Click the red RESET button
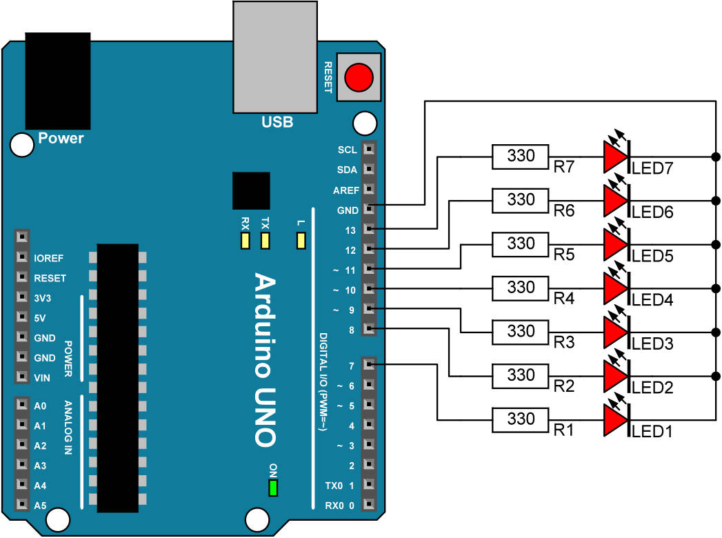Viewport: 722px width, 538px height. (359, 76)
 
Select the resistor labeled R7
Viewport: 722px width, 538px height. (521, 157)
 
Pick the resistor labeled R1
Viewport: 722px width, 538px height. (521, 419)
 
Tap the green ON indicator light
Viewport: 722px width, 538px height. (273, 488)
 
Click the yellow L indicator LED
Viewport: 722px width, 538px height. (300, 241)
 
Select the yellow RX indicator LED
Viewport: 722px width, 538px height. (244, 241)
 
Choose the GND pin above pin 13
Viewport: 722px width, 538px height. (370, 208)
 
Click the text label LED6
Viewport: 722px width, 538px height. (652, 212)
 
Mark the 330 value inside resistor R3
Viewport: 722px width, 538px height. (521, 331)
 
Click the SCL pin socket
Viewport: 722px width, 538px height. (370, 149)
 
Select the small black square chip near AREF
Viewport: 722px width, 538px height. (251, 191)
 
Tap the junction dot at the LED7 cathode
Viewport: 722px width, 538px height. (716, 157)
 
